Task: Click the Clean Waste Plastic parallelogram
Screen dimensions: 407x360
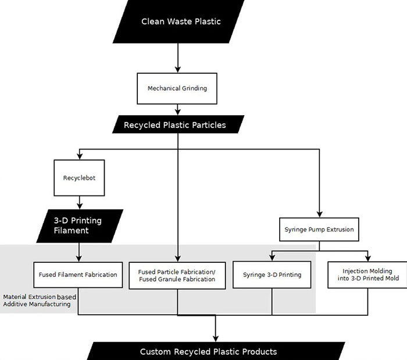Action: pyautogui.click(x=178, y=22)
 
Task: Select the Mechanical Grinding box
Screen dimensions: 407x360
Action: pyautogui.click(x=177, y=88)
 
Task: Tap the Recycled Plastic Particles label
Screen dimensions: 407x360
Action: pyautogui.click(x=174, y=125)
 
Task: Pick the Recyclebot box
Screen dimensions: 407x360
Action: pyautogui.click(x=79, y=178)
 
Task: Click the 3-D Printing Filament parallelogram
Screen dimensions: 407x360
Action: pyautogui.click(x=80, y=226)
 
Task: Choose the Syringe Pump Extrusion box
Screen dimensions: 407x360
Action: pyautogui.click(x=319, y=230)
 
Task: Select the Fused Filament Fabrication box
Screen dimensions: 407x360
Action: pyautogui.click(x=78, y=275)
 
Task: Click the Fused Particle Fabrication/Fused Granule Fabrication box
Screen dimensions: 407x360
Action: pyautogui.click(x=177, y=276)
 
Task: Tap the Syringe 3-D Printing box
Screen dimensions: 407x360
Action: pyautogui.click(x=272, y=275)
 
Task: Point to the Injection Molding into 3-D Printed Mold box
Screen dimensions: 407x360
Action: pyautogui.click(x=367, y=275)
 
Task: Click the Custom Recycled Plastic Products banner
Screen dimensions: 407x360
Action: pyautogui.click(x=216, y=351)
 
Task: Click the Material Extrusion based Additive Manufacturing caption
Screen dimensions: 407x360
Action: pyautogui.click(x=40, y=301)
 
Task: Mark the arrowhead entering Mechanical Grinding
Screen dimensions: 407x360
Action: pyautogui.click(x=178, y=69)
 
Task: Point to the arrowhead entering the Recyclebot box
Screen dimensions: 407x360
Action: pyautogui.click(x=80, y=156)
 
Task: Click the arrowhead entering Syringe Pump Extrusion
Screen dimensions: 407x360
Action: pyautogui.click(x=320, y=214)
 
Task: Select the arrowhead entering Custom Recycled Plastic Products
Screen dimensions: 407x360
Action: pyautogui.click(x=216, y=338)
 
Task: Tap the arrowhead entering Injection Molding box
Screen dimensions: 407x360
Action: pyautogui.click(x=368, y=258)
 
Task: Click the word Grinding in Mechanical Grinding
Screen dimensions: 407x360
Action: pyautogui.click(x=194, y=88)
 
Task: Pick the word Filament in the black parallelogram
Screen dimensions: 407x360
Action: pyautogui.click(x=71, y=230)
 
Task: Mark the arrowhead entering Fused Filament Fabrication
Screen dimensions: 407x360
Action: pyautogui.click(x=79, y=258)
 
